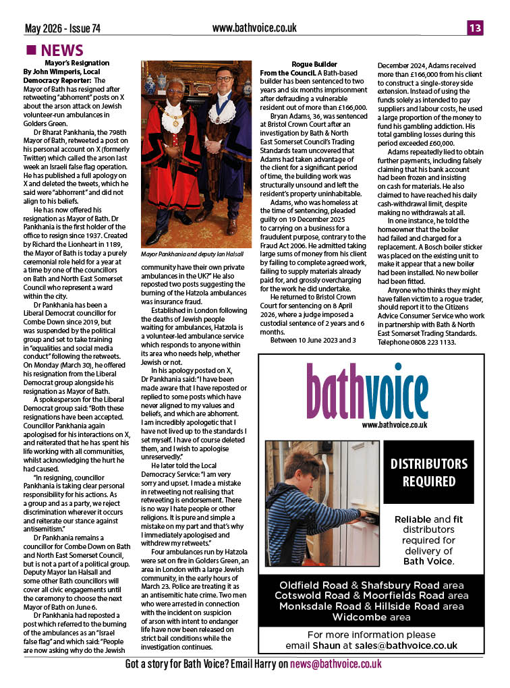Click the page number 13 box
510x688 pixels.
[475, 28]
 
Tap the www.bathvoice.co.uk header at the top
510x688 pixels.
[254, 28]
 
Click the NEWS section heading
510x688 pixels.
[62, 51]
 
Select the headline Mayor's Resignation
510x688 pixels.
[77, 63]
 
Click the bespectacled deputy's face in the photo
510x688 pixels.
[222, 84]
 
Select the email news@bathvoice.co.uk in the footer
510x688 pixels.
[336, 664]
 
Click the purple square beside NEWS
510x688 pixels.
[30, 51]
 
